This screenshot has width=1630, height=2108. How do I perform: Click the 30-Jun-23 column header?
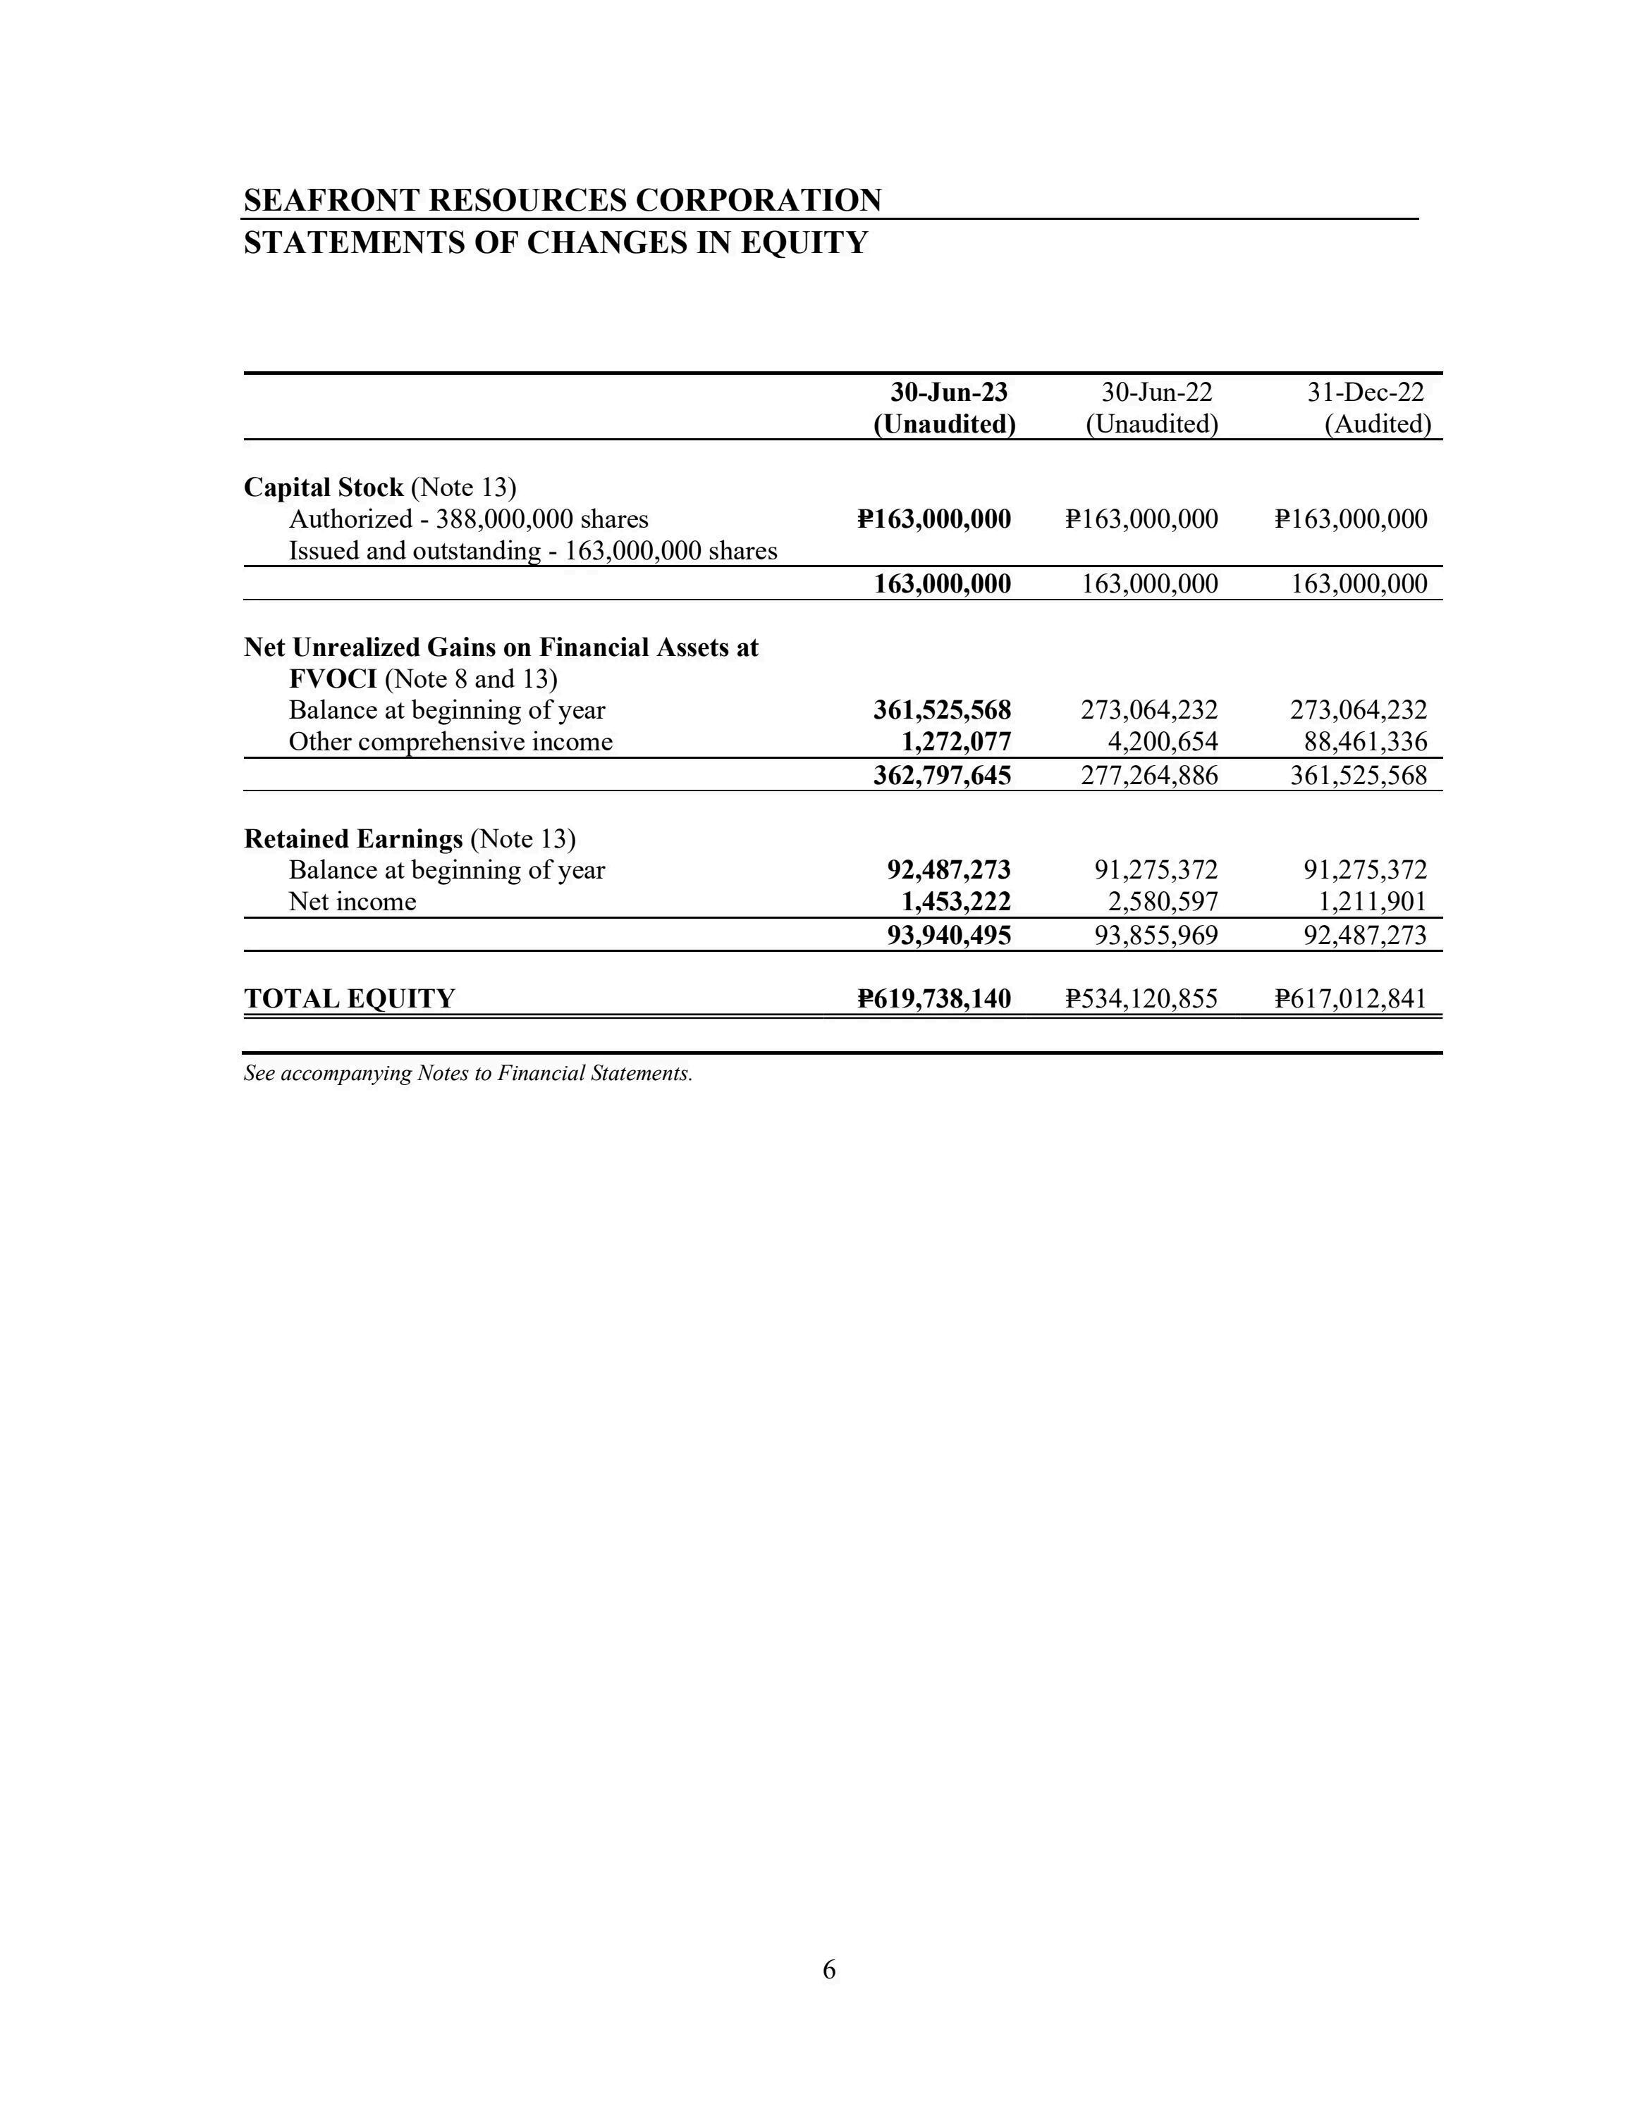(x=948, y=393)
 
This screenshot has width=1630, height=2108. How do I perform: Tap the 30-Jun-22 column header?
(x=1156, y=393)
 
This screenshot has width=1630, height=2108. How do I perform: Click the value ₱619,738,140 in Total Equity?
(x=933, y=999)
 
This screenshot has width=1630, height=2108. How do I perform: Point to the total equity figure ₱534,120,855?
(x=1141, y=999)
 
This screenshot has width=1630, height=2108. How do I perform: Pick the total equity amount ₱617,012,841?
(x=1350, y=999)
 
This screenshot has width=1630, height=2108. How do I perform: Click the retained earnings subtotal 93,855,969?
(x=1155, y=935)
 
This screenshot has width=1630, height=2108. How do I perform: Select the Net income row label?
(x=353, y=903)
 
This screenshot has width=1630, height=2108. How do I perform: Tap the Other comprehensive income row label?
(x=450, y=743)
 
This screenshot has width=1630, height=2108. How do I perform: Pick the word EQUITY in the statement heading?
(x=804, y=242)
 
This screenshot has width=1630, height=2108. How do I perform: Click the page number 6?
(x=828, y=1970)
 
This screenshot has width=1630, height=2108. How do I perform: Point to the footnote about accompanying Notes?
(x=467, y=1073)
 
